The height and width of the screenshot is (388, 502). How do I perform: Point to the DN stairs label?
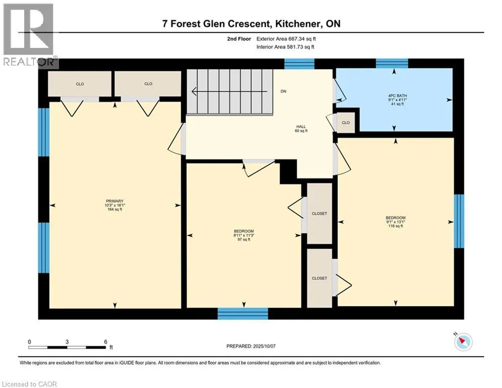[x=284, y=91]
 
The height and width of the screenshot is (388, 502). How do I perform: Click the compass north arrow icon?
[x=463, y=342]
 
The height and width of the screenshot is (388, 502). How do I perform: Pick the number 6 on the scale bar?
[x=105, y=342]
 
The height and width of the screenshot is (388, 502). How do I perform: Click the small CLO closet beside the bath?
[x=346, y=122]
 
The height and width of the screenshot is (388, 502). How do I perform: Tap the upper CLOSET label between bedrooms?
[x=319, y=214]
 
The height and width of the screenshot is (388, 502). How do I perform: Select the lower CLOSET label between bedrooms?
[x=319, y=278]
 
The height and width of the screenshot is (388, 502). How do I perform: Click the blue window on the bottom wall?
[x=243, y=313]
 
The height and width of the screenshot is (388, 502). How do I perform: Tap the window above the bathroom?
[x=392, y=63]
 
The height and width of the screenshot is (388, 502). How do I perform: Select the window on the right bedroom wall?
[x=459, y=221]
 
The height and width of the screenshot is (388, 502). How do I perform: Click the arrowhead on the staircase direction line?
[x=194, y=91]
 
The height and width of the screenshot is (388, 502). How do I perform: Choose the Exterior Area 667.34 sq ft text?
[x=286, y=39]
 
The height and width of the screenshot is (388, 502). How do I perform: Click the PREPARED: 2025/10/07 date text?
[x=251, y=346]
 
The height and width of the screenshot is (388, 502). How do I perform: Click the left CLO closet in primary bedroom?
[x=80, y=84]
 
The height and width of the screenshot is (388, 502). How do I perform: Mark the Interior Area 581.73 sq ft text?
[x=285, y=47]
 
